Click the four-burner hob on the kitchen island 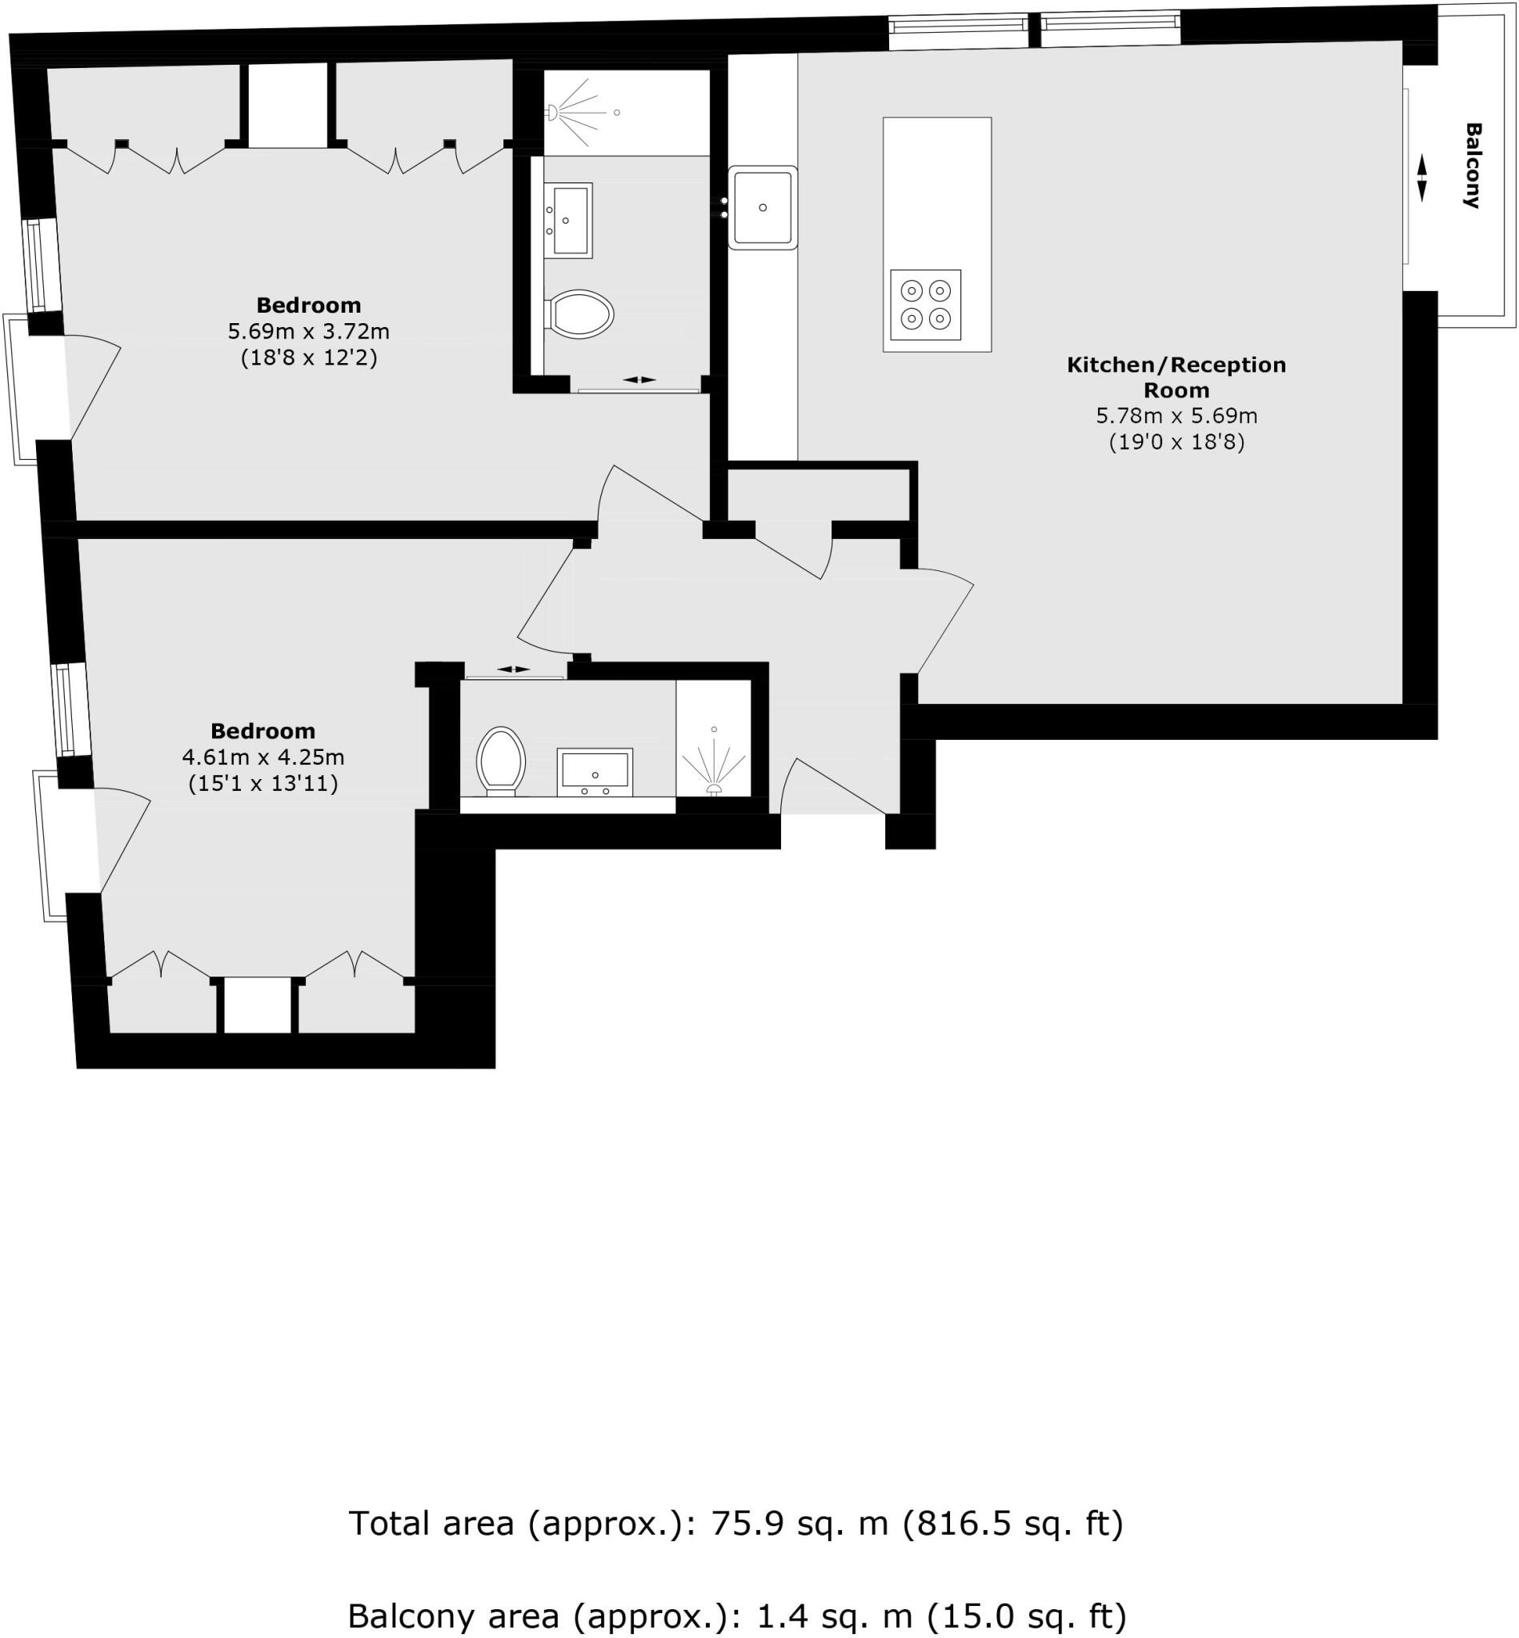tap(925, 305)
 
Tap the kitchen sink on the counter tap(762, 208)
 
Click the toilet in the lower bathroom tap(500, 760)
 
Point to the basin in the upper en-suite tap(570, 220)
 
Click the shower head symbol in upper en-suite tap(553, 112)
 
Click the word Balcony tap(1472, 165)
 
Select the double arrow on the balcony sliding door tap(1421, 178)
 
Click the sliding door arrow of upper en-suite tap(639, 380)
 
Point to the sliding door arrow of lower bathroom tap(513, 669)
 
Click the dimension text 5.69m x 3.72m tap(308, 332)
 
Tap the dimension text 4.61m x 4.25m tap(263, 757)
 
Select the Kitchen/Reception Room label tap(1176, 377)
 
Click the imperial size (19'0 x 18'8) tap(1176, 443)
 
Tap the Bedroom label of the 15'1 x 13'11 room tap(263, 730)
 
